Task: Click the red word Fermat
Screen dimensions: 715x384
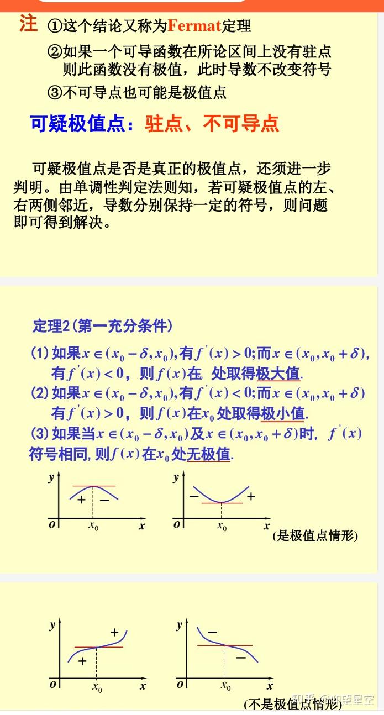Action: (194, 25)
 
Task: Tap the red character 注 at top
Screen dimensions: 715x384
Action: (28, 24)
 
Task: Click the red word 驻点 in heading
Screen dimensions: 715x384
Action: (164, 124)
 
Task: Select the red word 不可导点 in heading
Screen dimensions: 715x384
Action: (241, 124)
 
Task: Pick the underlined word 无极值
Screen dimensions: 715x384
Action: (208, 455)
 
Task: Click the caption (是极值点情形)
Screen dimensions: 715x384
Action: (315, 535)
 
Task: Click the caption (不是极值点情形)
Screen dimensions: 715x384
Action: (293, 704)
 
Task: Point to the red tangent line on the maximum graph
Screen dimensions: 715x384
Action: (93, 486)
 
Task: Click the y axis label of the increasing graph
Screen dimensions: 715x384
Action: (52, 625)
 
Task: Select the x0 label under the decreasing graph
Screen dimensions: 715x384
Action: (225, 686)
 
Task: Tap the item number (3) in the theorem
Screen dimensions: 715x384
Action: (39, 433)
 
